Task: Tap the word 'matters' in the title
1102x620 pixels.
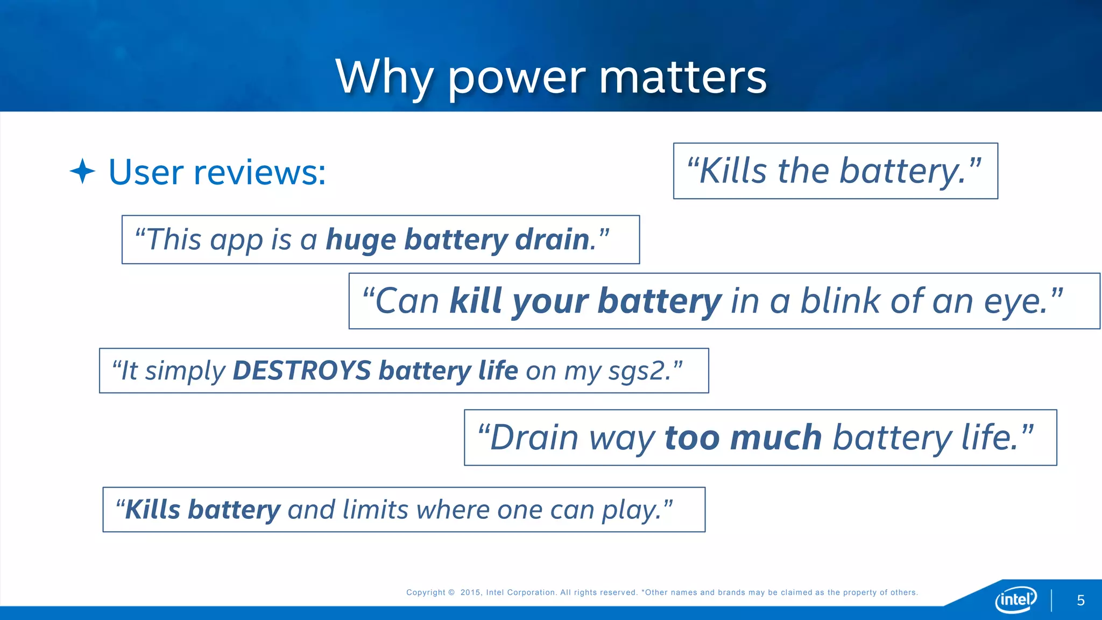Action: click(x=682, y=77)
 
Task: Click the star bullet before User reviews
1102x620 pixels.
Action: click(x=82, y=171)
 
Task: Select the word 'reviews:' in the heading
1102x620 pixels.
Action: click(x=259, y=172)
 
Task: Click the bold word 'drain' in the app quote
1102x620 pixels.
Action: click(x=552, y=239)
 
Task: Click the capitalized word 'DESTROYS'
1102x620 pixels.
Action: click(x=302, y=371)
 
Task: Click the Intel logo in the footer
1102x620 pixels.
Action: click(x=1015, y=599)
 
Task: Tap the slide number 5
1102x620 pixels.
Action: click(x=1080, y=601)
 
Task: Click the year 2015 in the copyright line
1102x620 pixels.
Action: click(x=470, y=593)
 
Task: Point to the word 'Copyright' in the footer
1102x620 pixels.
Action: click(x=426, y=593)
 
